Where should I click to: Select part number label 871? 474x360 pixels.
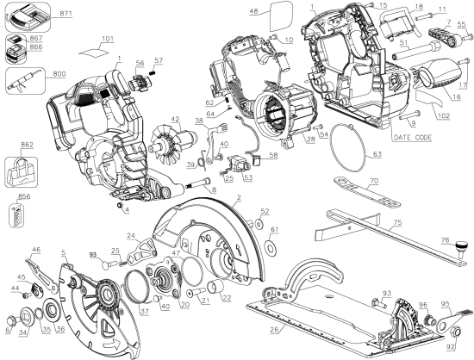pos(42,16)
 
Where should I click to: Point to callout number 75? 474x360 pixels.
pos(398,221)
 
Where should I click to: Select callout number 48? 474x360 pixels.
pos(255,10)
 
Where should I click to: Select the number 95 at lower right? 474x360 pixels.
pos(446,303)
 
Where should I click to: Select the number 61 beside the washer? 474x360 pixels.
pos(273,231)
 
